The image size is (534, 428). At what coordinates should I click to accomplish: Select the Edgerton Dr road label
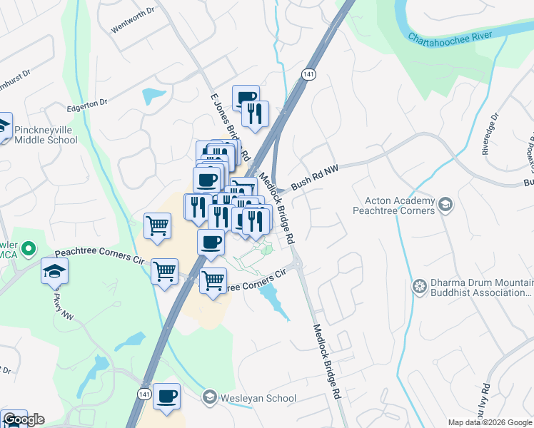pos(86,106)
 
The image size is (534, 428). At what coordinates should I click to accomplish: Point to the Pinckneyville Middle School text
pos(45,134)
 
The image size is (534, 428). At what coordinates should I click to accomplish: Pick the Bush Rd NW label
pos(313,185)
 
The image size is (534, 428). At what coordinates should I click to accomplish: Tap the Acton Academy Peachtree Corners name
pos(394,206)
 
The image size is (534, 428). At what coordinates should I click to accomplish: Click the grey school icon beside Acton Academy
pos(445,205)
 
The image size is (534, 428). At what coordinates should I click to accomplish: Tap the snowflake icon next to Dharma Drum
pos(420,287)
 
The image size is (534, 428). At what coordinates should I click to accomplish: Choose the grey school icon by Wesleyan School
pos(209,397)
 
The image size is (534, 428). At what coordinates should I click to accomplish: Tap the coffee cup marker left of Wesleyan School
pos(166,397)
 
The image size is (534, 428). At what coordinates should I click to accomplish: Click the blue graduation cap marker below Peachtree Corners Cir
pos(54,272)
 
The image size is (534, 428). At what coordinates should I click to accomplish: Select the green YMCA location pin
pos(28,250)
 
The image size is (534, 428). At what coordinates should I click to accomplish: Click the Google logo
pos(23,419)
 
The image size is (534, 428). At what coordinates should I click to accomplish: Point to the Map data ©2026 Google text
pos(489,422)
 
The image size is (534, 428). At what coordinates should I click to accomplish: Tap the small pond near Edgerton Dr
pos(153,95)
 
